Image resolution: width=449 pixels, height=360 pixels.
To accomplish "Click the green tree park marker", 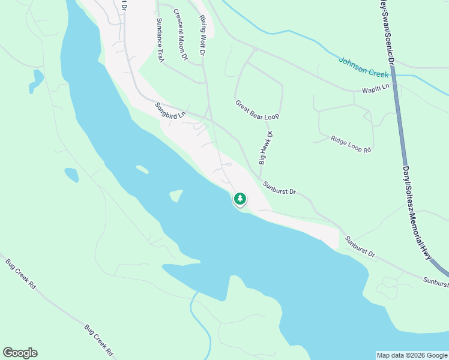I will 240,198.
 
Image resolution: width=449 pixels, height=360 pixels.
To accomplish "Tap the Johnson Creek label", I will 364,67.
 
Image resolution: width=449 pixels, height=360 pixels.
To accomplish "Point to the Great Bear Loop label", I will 258,109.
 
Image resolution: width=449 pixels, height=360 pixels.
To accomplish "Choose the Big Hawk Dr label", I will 266,148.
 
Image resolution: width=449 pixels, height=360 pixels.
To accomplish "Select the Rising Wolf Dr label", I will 202,35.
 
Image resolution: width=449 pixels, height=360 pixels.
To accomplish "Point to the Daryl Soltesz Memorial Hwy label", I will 417,213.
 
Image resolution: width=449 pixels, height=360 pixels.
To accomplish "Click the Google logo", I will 20,353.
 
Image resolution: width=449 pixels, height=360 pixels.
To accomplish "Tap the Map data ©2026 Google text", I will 412,355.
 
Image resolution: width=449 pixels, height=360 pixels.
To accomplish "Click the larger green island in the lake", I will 176,196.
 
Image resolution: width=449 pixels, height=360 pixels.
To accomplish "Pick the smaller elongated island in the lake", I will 142,169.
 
